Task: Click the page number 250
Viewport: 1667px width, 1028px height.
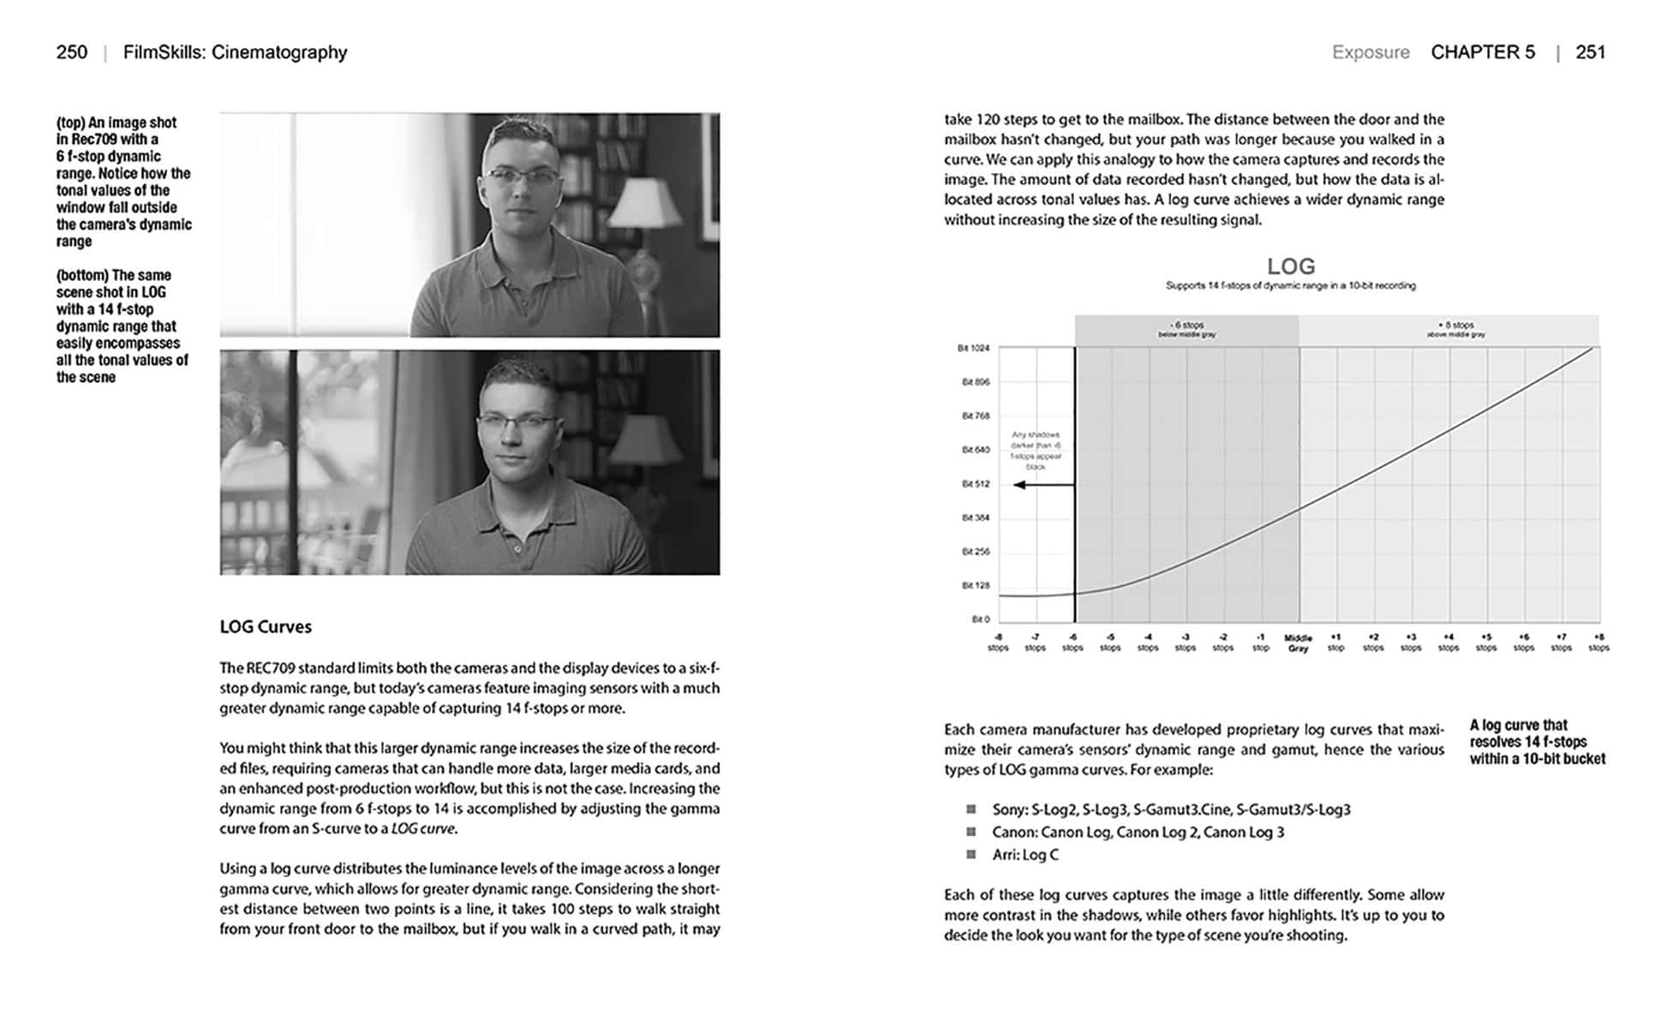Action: tap(71, 52)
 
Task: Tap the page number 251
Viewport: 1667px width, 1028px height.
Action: tap(1590, 52)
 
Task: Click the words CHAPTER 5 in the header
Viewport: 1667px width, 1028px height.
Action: tap(1483, 52)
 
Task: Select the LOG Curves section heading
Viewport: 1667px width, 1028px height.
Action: tap(266, 627)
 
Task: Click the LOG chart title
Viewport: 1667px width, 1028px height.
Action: tap(1290, 266)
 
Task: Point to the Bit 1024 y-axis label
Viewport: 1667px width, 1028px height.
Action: tap(973, 348)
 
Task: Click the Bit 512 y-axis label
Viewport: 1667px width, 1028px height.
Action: tap(975, 484)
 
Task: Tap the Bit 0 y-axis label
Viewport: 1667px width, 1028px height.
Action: tap(980, 619)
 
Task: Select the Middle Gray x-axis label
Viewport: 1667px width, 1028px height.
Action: tap(1298, 643)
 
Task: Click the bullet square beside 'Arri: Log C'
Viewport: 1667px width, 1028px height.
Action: tap(971, 854)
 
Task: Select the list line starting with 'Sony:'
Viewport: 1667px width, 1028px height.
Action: tap(1170, 810)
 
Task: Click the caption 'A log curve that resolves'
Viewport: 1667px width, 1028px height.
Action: tap(1536, 742)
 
